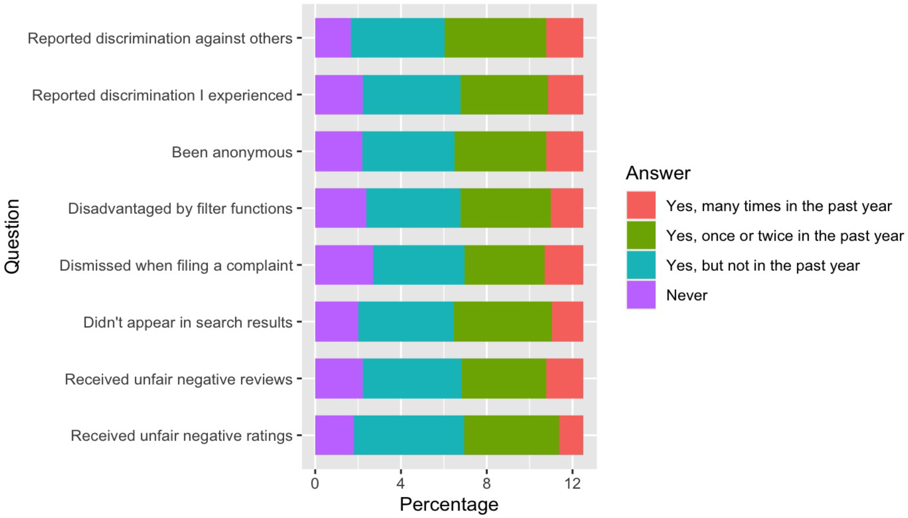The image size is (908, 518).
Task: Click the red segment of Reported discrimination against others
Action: (564, 38)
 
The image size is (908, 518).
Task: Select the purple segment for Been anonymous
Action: (338, 152)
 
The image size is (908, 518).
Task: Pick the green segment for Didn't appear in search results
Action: (502, 322)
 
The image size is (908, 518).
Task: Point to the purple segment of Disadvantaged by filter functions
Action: (340, 208)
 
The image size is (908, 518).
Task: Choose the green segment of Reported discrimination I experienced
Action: (504, 95)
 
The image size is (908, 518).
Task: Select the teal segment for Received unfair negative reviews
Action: (412, 379)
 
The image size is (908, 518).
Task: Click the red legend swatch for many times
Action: (641, 205)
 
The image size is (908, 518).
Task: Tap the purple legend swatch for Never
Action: (641, 295)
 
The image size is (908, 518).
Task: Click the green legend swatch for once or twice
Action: (641, 235)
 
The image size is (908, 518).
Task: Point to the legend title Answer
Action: (658, 173)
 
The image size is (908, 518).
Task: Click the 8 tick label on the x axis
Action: (486, 483)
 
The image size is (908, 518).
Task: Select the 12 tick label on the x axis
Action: (572, 483)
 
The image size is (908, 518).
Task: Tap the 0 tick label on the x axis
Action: (315, 483)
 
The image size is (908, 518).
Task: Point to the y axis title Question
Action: (12, 237)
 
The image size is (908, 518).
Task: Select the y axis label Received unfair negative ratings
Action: (181, 435)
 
